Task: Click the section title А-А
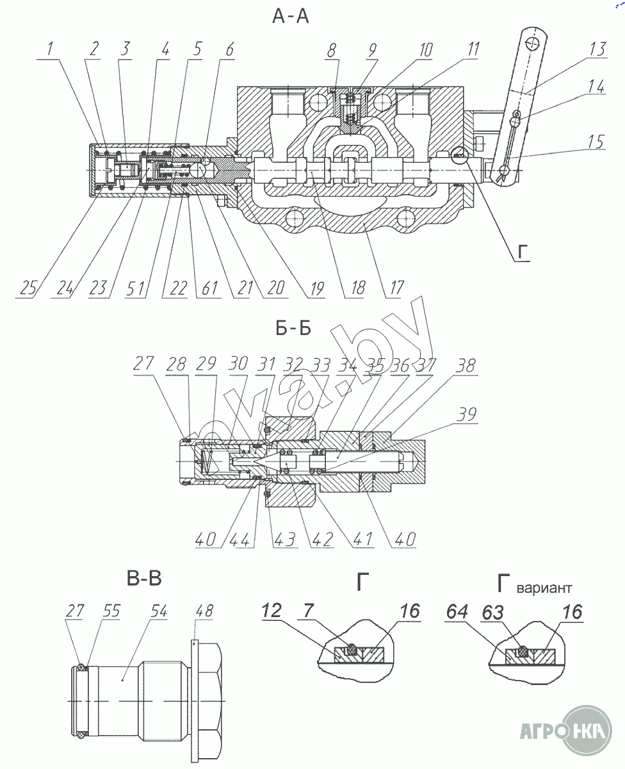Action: pos(290,17)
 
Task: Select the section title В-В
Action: pos(144,579)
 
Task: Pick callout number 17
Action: pos(395,287)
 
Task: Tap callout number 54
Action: pos(159,611)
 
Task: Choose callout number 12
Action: pos(272,611)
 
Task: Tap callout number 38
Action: pos(467,366)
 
